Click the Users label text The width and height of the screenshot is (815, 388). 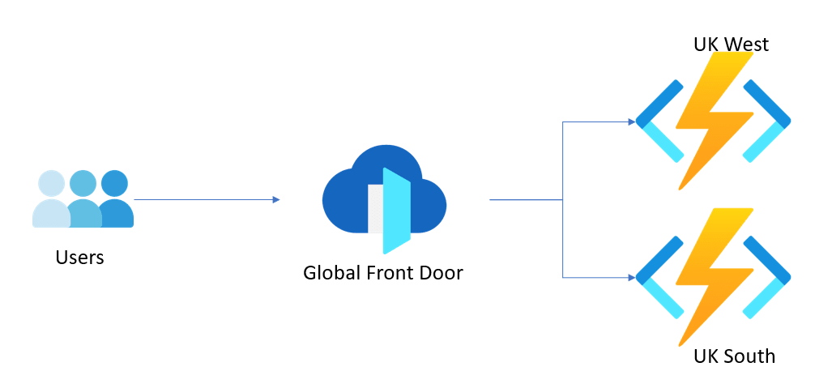(79, 257)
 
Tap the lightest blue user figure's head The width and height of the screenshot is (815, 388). (52, 183)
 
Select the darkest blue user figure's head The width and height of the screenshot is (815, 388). (114, 183)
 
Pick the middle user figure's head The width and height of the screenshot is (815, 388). (83, 183)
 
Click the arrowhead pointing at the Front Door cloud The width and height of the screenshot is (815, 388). (276, 199)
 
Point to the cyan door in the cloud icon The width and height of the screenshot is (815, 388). (397, 211)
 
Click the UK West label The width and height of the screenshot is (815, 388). (731, 45)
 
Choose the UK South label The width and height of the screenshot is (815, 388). (734, 356)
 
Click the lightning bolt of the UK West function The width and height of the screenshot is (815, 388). (715, 121)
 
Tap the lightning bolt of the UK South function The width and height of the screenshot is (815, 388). (715, 277)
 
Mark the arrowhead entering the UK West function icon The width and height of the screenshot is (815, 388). (632, 122)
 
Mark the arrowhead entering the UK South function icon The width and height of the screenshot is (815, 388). (632, 277)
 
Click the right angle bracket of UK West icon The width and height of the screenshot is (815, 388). (766, 121)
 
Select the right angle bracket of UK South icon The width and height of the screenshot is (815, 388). (766, 277)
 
